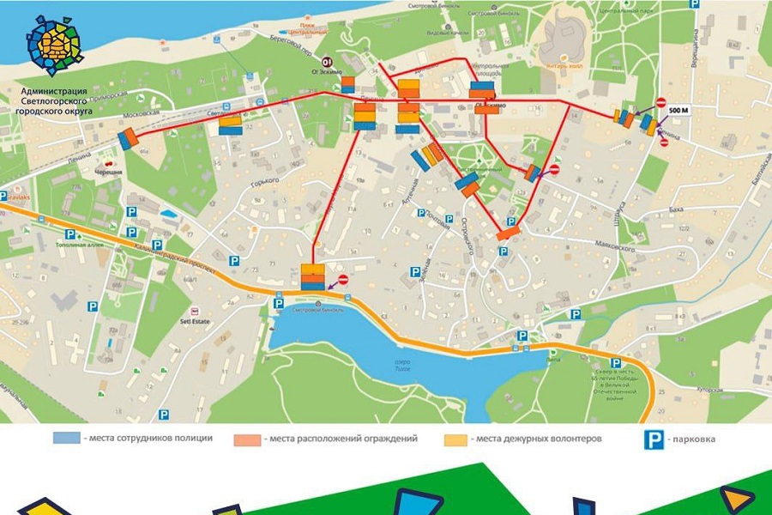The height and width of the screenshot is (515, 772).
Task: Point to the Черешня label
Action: click(x=109, y=173)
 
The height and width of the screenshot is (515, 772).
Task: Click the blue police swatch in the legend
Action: click(x=66, y=439)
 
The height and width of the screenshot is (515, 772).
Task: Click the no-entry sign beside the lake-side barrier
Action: click(x=344, y=279)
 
